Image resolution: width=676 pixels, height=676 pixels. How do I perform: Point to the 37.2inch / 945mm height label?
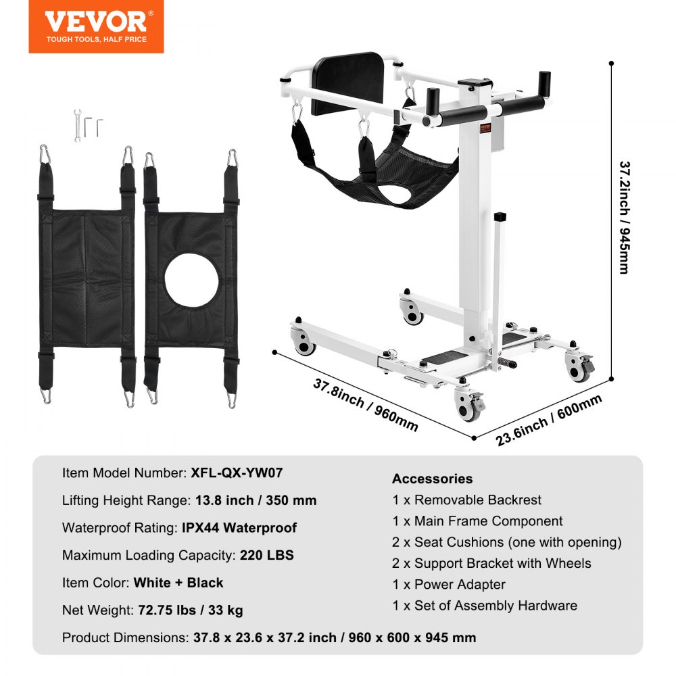coord(624,216)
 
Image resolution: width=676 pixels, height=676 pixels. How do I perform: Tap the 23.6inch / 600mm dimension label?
coord(548,420)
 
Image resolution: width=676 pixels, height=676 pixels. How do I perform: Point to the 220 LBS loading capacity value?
coord(267,556)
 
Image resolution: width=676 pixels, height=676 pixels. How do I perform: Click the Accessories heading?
coord(432,479)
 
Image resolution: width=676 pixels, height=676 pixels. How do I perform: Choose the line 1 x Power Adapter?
coord(449,584)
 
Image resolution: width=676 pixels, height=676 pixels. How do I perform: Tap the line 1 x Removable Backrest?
coord(467,500)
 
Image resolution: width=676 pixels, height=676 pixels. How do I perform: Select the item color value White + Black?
coord(178,583)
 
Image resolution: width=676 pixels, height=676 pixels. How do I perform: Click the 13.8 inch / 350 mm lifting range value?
coord(248,501)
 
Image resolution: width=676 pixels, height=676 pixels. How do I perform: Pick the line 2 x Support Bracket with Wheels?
coord(491,563)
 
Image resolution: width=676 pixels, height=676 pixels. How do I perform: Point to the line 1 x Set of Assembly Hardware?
coord(485,605)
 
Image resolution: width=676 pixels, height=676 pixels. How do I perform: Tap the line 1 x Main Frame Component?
coord(477,521)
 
